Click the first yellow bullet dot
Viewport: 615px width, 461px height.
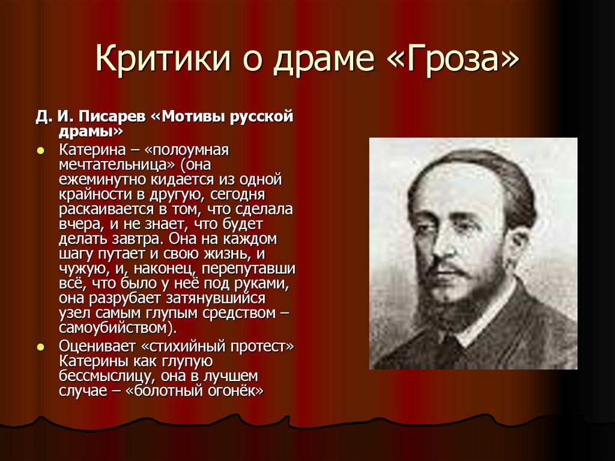point(41,150)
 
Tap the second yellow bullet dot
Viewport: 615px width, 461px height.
point(41,347)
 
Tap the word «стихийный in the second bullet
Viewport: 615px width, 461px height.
point(185,347)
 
